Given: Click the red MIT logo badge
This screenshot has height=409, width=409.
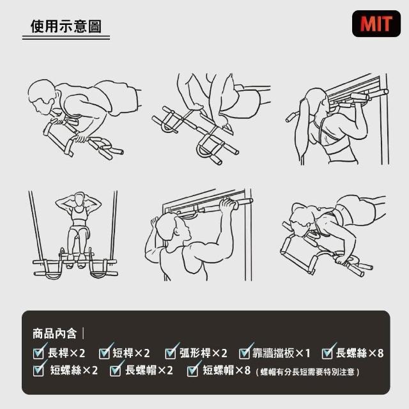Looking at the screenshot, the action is [376, 24].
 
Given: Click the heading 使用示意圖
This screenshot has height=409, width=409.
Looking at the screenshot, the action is [66, 26].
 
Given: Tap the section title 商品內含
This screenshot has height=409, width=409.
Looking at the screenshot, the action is [54, 334].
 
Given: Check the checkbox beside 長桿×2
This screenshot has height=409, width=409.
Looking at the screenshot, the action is [38, 353].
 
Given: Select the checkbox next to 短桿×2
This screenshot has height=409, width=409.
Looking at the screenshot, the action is [104, 353].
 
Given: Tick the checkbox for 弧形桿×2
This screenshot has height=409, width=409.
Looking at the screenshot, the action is [171, 353].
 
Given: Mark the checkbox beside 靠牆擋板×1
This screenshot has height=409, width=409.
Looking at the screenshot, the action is [244, 353].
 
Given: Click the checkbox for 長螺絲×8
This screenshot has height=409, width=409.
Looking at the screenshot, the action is [327, 353].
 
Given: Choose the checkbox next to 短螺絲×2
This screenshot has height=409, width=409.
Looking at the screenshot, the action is [38, 371].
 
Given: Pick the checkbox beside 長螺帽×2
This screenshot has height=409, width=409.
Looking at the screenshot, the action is [115, 371].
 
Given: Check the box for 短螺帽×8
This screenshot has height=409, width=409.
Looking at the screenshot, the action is [192, 371].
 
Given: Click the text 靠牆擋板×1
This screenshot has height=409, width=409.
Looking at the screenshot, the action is [281, 353].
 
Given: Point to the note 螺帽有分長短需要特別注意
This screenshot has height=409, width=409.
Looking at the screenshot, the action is [308, 372].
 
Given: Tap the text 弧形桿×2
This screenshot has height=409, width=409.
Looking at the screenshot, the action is [203, 353].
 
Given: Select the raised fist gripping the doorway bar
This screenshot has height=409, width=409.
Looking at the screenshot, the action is [227, 204].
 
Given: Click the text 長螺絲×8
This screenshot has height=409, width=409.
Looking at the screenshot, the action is [359, 353].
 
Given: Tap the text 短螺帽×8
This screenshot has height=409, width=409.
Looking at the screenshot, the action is [227, 371].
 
